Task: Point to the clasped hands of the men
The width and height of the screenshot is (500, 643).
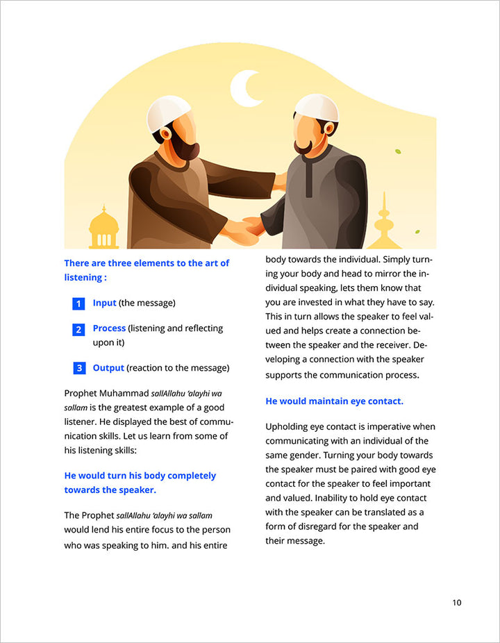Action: click(x=243, y=228)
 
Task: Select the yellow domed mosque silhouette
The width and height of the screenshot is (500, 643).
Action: click(x=104, y=230)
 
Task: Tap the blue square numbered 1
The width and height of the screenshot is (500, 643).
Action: click(x=78, y=303)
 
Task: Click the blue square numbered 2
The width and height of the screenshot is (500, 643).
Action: click(x=78, y=329)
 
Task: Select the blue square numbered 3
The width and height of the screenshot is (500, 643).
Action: click(x=78, y=368)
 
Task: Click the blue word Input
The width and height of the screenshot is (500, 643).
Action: click(x=105, y=303)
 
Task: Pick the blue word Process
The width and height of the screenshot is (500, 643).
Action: click(x=109, y=328)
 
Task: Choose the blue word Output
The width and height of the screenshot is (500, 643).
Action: click(x=108, y=367)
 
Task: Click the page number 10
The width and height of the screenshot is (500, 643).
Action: click(x=456, y=602)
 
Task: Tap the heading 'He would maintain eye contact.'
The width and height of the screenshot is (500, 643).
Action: click(x=334, y=401)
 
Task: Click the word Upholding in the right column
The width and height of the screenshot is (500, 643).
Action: click(x=288, y=426)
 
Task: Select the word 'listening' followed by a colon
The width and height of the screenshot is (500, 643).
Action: click(x=83, y=277)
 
